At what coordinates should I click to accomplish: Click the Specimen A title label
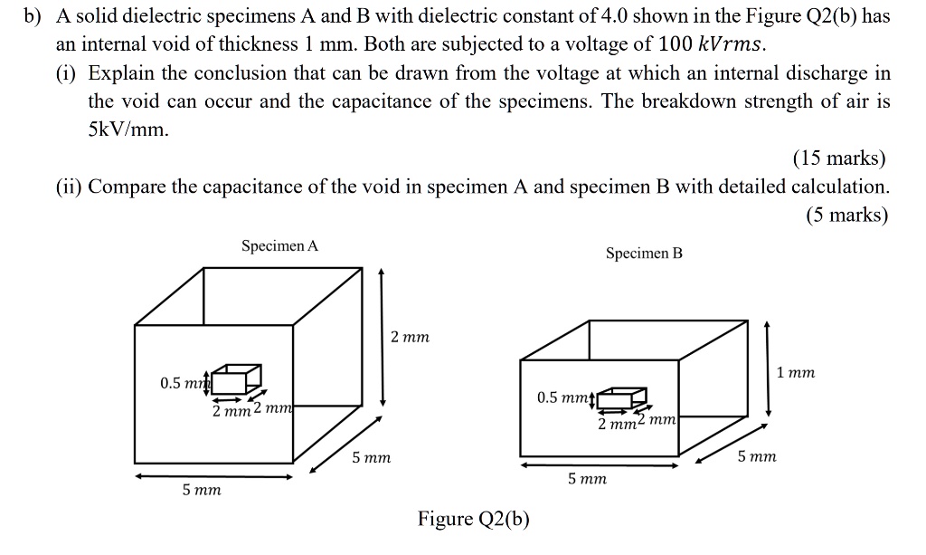click(279, 246)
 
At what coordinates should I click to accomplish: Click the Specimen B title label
click(644, 254)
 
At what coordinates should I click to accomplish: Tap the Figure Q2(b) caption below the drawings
click(473, 519)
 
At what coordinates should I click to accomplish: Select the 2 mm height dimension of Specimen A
click(410, 337)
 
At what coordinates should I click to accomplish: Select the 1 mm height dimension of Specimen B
click(796, 372)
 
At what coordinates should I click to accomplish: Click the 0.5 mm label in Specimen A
click(184, 383)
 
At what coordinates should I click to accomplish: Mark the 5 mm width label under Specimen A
click(201, 491)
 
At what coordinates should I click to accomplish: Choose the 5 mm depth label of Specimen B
click(756, 458)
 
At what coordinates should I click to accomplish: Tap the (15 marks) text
click(839, 158)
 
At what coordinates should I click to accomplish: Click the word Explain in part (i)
click(123, 72)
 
